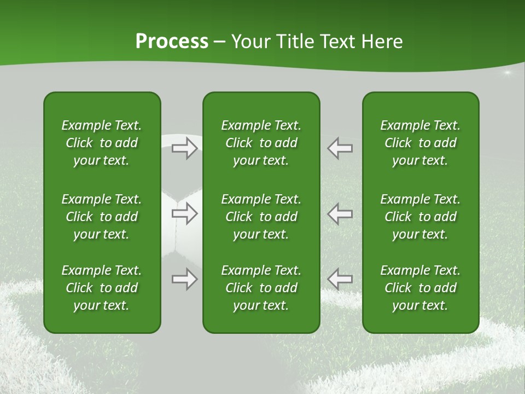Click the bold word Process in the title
click(172, 41)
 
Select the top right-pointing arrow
click(185, 148)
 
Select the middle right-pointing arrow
click(185, 213)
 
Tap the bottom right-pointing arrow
click(185, 279)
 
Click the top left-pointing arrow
click(340, 148)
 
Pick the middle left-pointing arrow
click(340, 213)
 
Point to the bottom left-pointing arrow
click(340, 279)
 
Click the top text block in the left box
click(102, 143)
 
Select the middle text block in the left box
click(102, 217)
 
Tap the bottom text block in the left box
click(102, 288)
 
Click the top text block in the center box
click(261, 143)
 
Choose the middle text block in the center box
click(261, 217)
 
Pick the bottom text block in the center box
click(261, 288)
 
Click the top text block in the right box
click(420, 143)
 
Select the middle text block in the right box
click(420, 217)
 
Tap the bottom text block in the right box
click(420, 288)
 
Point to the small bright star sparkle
click(507, 72)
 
